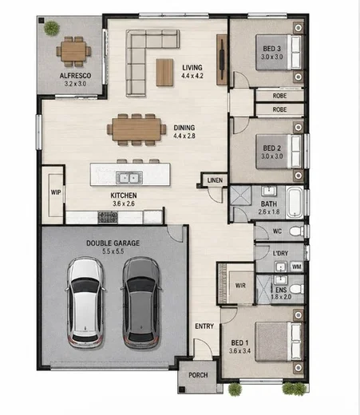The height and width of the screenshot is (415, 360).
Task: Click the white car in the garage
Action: point(85,302)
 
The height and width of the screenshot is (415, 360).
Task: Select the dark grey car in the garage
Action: point(141,302)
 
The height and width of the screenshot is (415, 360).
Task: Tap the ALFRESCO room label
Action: point(75,76)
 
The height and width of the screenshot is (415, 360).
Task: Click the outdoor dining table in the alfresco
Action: point(73,51)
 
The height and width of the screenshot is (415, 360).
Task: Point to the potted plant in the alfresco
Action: point(51,28)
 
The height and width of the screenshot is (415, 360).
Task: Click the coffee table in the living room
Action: point(164,73)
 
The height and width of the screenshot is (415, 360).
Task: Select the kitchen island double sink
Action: point(129,177)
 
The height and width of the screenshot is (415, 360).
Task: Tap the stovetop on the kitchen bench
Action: point(108,217)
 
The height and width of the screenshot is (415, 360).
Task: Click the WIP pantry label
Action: point(56,192)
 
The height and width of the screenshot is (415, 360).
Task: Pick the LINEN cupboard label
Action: point(215,180)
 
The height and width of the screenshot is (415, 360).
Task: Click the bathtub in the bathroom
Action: point(295,202)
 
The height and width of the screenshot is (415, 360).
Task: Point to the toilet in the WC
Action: point(296,231)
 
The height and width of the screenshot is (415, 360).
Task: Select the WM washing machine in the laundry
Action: point(296,267)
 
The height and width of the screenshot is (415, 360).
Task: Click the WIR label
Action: point(240,286)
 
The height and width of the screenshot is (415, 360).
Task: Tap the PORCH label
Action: point(198,375)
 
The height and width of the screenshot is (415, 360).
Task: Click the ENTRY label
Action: point(204,326)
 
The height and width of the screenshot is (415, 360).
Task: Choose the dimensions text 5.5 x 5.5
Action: point(113,251)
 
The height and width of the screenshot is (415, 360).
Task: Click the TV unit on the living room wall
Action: point(221,60)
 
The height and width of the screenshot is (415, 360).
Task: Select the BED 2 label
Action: point(271,148)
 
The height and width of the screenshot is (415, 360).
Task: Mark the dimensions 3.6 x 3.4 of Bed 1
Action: point(239,351)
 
